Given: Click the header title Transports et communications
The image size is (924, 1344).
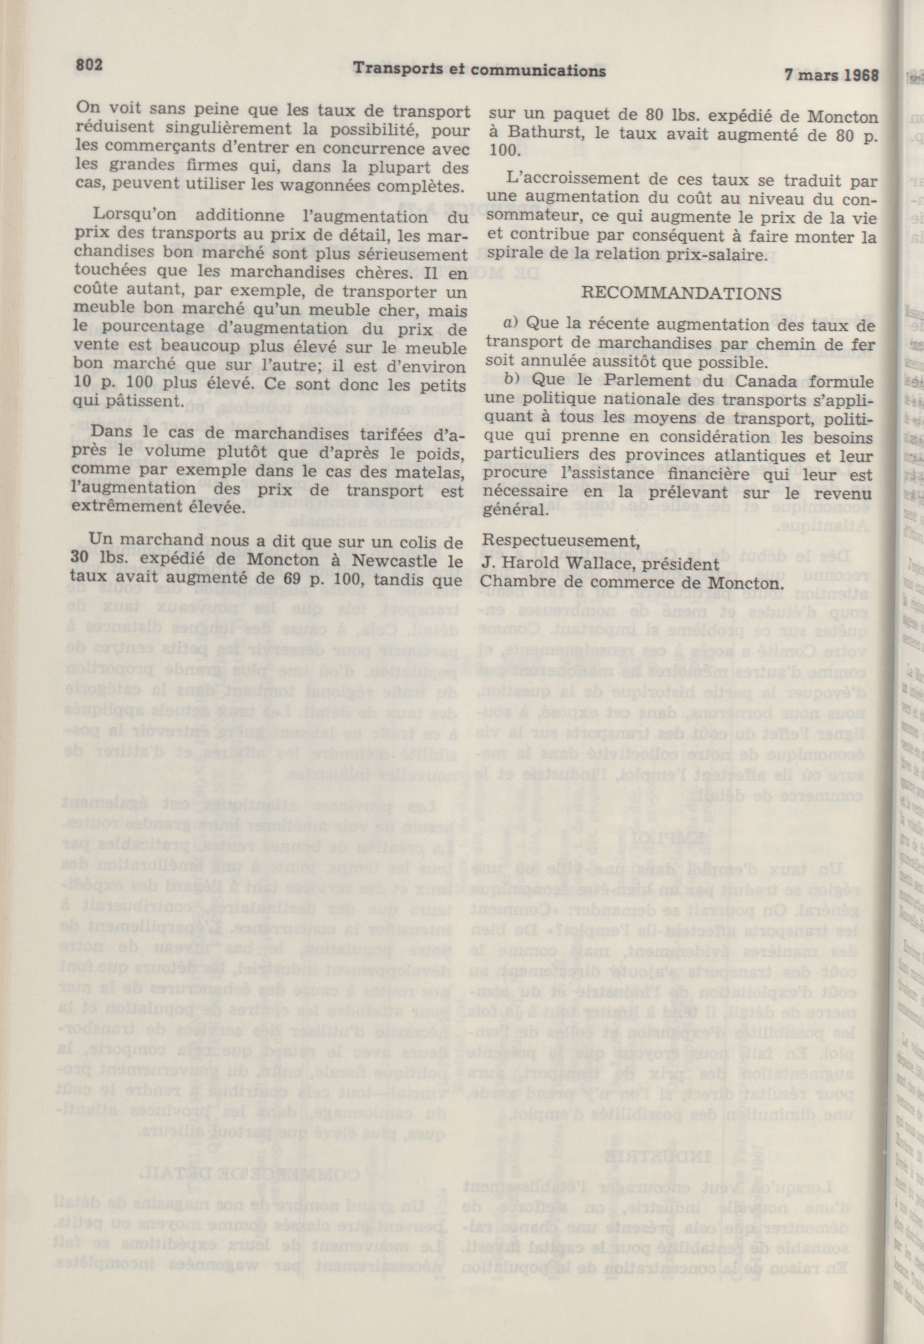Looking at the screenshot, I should click(x=479, y=70).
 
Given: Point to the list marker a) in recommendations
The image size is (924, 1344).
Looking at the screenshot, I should click(x=509, y=323).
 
